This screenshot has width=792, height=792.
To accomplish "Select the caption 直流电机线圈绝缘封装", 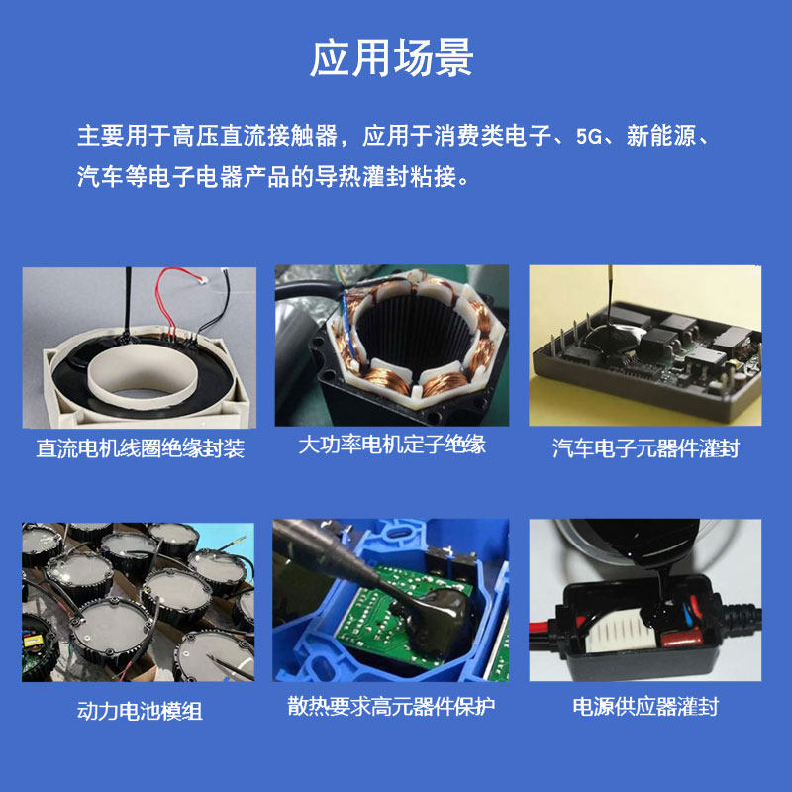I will point(140,448).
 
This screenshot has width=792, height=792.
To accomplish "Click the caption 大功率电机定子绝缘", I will point(392,444).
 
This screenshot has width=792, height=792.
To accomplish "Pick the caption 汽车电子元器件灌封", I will point(645,448).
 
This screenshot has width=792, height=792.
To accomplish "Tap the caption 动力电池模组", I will point(140,710).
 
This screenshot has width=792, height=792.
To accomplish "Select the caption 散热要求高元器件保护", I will point(392,706).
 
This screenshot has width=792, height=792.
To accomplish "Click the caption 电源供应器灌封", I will point(645,706).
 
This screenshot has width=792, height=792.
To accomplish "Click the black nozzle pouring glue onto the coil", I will point(129,297).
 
